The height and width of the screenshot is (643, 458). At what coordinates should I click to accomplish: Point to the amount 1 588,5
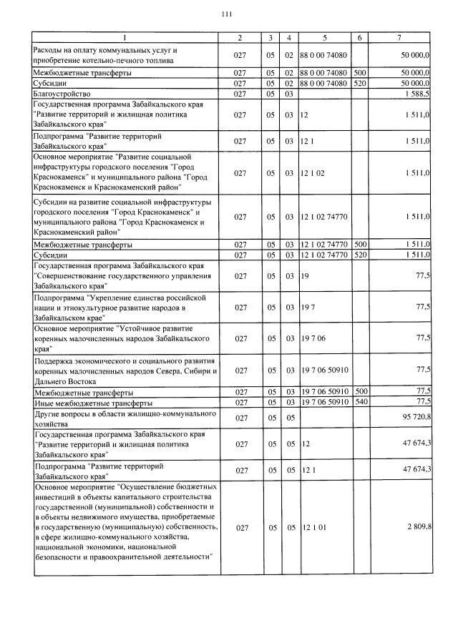(x=416, y=94)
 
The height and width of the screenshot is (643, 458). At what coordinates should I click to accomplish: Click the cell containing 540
(x=361, y=402)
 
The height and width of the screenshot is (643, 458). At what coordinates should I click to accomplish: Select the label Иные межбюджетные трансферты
(x=89, y=403)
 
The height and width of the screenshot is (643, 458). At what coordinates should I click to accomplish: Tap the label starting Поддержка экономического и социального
(x=125, y=370)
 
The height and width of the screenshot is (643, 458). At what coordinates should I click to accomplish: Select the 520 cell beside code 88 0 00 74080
(x=361, y=83)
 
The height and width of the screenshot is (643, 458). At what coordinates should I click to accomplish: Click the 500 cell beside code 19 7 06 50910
(x=361, y=392)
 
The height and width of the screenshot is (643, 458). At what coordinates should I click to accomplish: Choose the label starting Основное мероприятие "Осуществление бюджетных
(x=125, y=526)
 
